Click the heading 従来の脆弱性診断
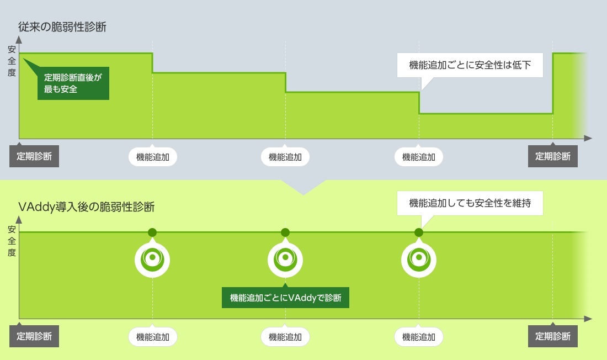point(62,27)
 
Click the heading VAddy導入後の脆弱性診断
point(87,207)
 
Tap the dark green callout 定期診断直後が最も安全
point(73,83)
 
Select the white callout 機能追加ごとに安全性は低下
point(470,65)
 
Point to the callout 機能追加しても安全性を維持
point(470,203)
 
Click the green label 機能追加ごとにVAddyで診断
point(285,298)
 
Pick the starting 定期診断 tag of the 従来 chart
point(34,156)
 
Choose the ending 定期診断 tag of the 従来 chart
point(553,156)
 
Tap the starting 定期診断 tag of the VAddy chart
point(34,336)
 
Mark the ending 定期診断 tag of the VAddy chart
point(553,336)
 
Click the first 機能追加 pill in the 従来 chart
point(153,157)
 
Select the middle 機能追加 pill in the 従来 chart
point(285,157)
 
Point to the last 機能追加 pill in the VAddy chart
point(419,336)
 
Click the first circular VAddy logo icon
point(153,258)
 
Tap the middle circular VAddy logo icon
point(285,258)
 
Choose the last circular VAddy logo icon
point(419,258)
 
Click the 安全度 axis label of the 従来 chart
point(12,61)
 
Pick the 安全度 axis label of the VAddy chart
point(12,241)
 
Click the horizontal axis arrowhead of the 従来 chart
point(588,137)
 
